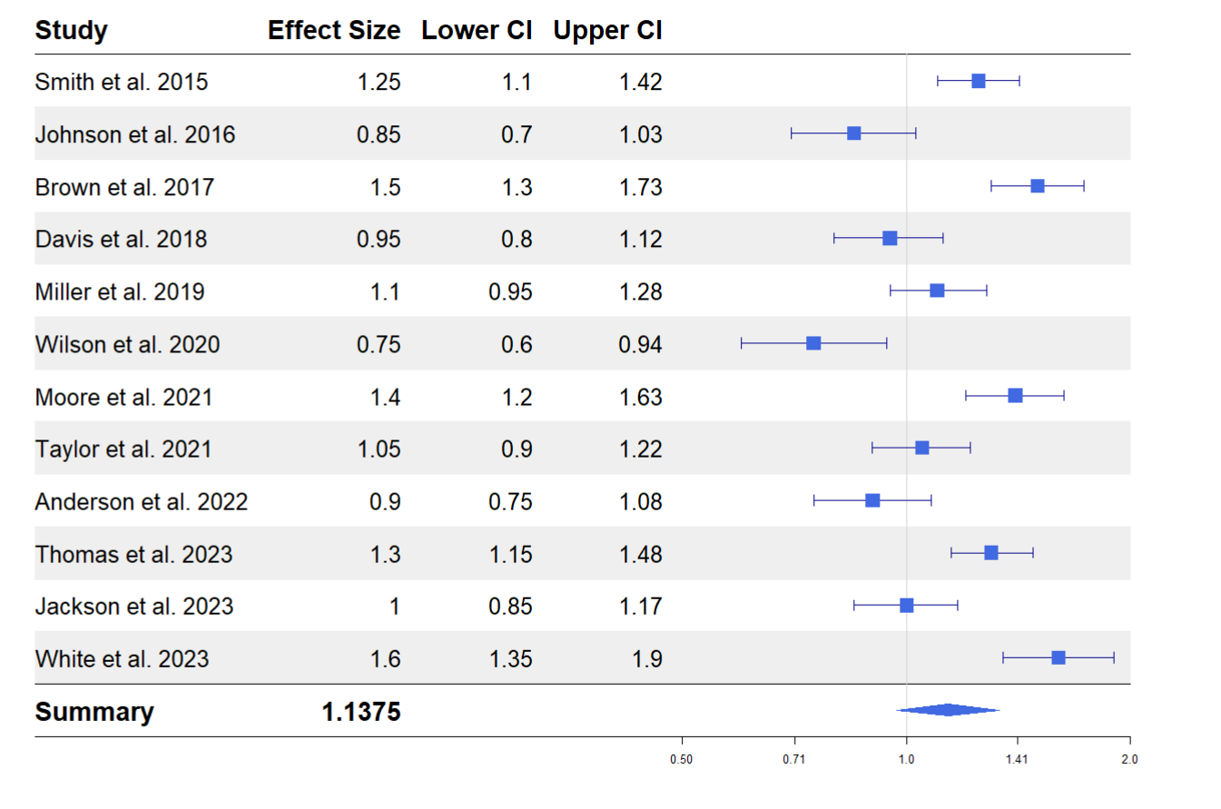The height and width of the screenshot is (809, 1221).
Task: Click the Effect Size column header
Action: [x=333, y=30]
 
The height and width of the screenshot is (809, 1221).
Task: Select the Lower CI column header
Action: [x=476, y=30]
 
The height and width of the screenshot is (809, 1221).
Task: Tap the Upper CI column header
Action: [x=607, y=30]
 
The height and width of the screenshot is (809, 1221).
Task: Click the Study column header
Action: [x=71, y=30]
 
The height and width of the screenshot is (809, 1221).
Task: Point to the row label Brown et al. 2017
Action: [x=124, y=187]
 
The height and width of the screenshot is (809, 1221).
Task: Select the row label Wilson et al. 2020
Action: [x=127, y=344]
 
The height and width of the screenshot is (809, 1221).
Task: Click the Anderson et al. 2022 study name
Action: [x=141, y=502]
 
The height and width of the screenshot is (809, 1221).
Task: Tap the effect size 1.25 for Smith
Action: [x=379, y=82]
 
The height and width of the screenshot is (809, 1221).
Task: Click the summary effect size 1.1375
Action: [x=360, y=712]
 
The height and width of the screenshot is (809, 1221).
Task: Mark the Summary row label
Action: [x=94, y=712]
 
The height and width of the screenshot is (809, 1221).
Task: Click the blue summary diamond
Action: [x=948, y=710]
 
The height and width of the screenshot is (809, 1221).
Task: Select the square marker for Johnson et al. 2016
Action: [x=853, y=133]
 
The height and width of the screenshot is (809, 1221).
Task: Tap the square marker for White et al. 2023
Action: [x=1058, y=657]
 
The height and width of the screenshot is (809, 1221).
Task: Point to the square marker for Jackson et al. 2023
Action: [x=906, y=605]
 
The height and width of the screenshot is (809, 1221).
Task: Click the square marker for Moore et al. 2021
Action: [x=1015, y=395]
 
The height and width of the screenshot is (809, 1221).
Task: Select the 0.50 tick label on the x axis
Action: [x=682, y=759]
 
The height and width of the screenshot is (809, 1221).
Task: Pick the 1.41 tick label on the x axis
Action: [x=1016, y=759]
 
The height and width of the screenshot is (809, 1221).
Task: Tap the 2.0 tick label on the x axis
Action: [x=1129, y=759]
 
